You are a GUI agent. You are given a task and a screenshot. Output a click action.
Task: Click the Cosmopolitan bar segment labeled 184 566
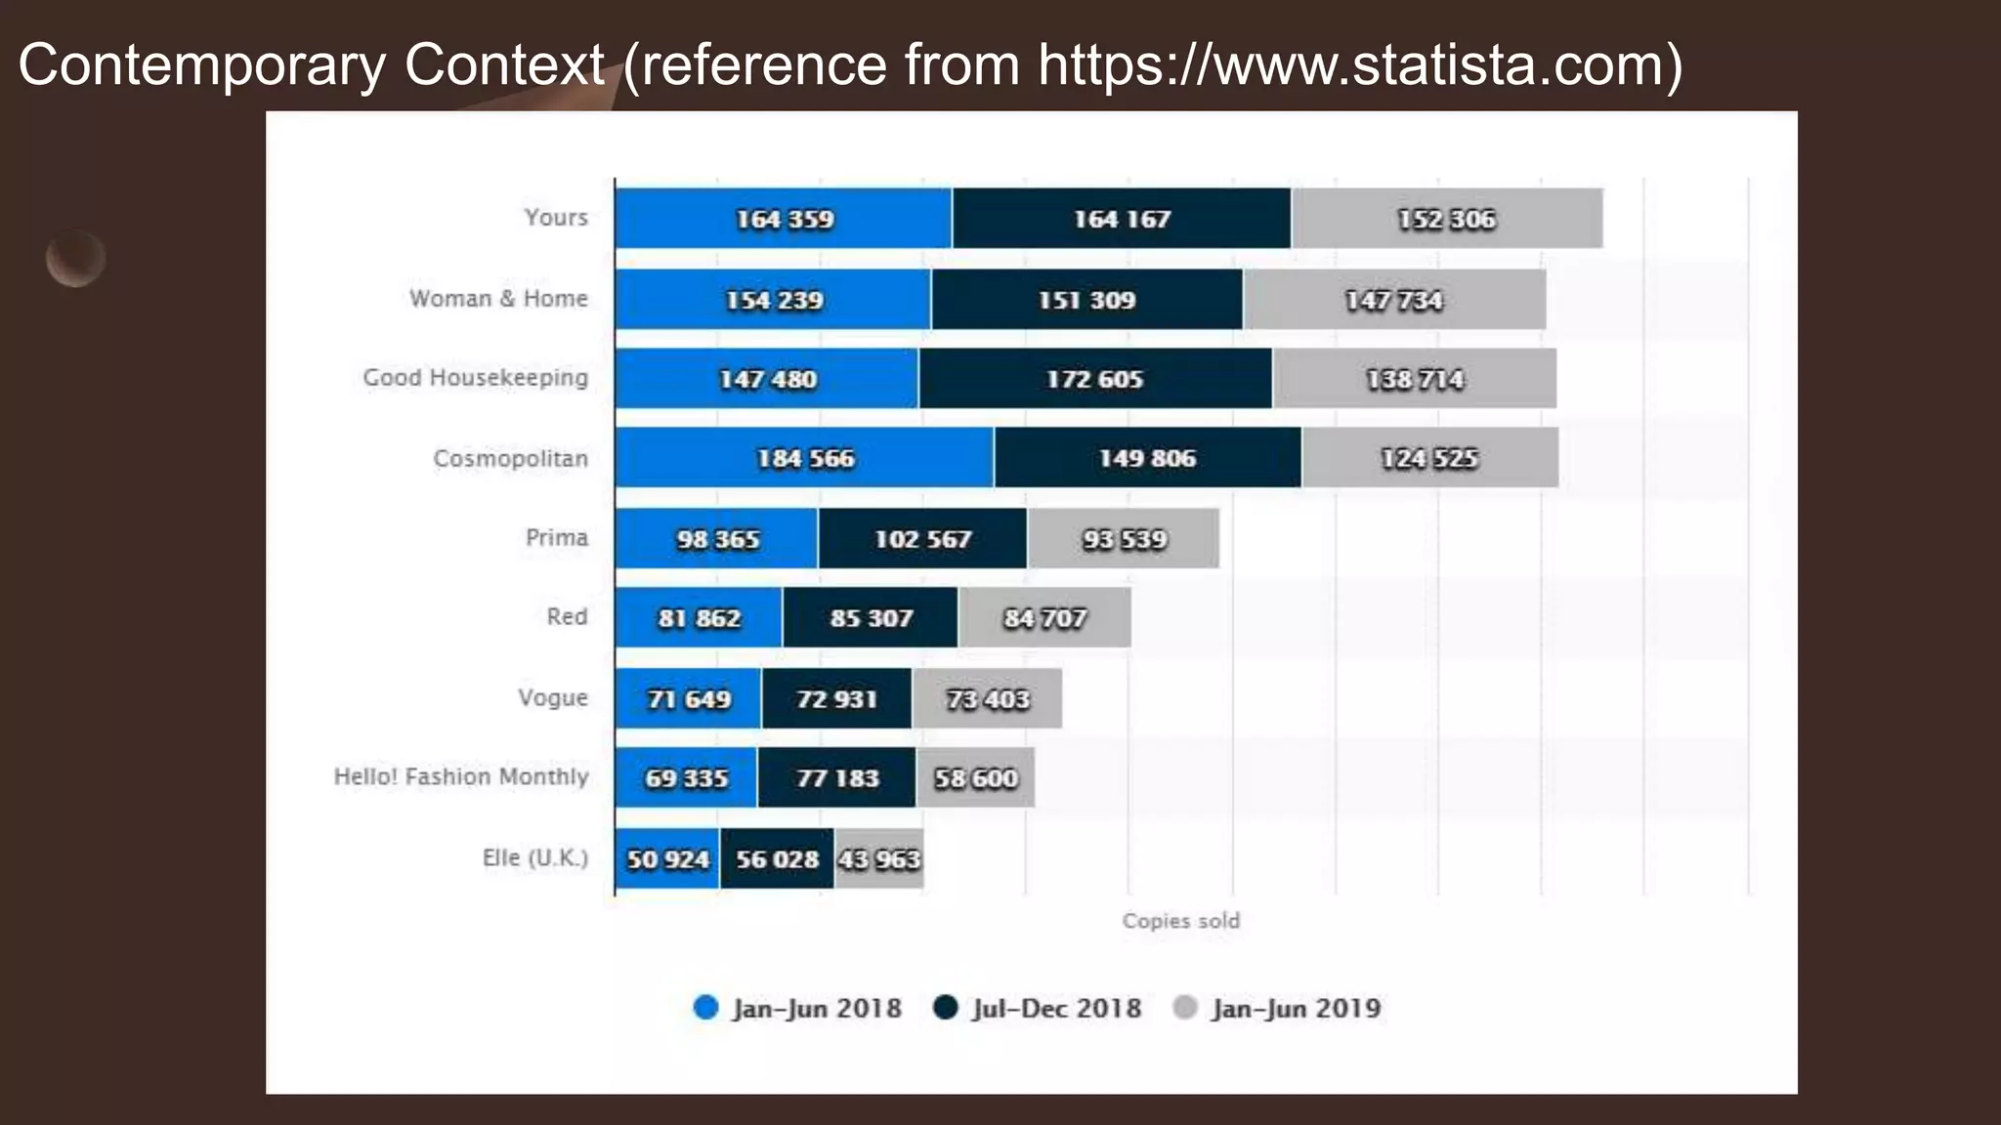[x=805, y=458]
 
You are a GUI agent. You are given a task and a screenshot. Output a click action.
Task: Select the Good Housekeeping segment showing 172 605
[x=1094, y=379]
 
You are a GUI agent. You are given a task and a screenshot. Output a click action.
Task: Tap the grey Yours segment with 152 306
[x=1446, y=219]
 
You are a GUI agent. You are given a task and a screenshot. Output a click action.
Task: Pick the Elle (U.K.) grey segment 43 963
[x=879, y=859]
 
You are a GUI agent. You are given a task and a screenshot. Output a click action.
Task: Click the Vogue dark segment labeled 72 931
[x=836, y=699]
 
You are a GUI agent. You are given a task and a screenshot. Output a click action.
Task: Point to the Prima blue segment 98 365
[x=717, y=539]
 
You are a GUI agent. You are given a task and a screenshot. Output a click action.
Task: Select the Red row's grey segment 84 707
[x=1044, y=618]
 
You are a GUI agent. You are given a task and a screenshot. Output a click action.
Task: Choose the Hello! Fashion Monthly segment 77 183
[x=837, y=778]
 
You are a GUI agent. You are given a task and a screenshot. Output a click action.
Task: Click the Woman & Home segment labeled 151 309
[x=1086, y=300]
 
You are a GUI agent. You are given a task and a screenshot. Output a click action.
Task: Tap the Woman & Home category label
[x=498, y=299]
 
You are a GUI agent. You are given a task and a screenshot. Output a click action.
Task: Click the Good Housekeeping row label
[x=476, y=378]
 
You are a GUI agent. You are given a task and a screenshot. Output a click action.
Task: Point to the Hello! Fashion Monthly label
[x=461, y=777]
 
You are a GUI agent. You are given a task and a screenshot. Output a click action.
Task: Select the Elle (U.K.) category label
[x=535, y=858]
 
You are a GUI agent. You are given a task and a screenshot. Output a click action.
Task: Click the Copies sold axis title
[x=1180, y=921]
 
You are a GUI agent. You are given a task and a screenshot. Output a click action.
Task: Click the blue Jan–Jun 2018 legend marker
[x=705, y=1008]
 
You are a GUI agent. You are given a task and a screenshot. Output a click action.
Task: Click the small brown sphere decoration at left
[x=75, y=259]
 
